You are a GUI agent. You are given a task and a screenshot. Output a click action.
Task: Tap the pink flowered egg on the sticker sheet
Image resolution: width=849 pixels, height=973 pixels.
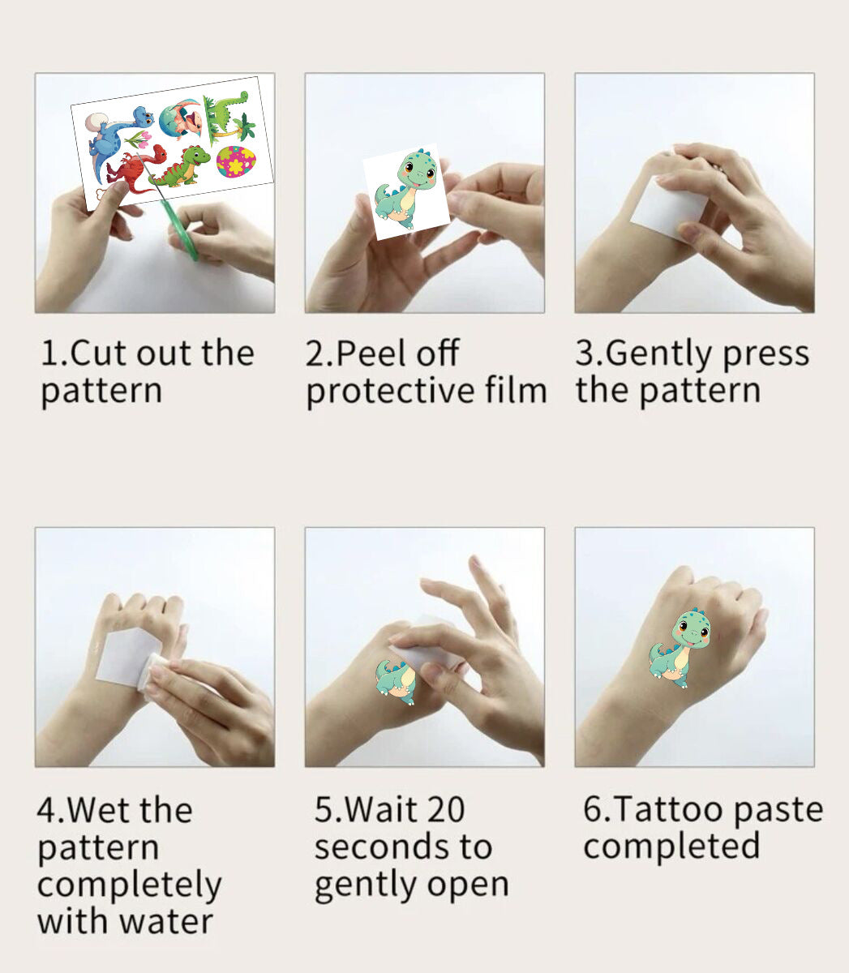tap(236, 161)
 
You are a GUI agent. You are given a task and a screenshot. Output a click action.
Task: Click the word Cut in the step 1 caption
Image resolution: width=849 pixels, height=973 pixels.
tap(101, 354)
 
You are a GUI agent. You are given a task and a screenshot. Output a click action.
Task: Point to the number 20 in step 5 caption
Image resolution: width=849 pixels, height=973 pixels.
tap(444, 809)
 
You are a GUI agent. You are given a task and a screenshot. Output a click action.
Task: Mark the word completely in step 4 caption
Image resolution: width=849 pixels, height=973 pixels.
tap(129, 885)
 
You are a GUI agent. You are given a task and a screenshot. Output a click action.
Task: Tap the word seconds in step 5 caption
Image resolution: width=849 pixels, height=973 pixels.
tap(380, 847)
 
